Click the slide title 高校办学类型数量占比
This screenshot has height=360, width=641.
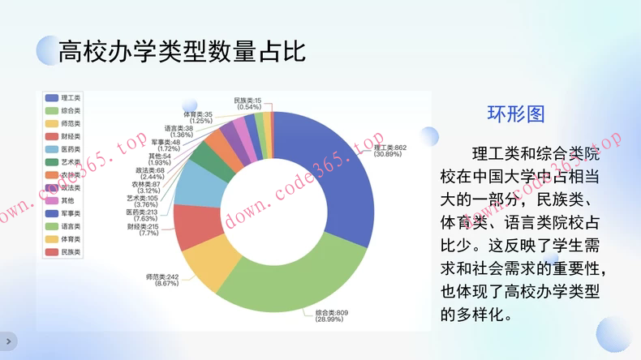(183, 52)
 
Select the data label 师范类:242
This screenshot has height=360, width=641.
(162, 277)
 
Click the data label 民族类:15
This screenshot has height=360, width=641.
(247, 100)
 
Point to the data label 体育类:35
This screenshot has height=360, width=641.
(197, 114)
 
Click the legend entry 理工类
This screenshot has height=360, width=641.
(70, 97)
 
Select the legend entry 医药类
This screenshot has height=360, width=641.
(70, 149)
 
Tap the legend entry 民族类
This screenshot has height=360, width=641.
(70, 252)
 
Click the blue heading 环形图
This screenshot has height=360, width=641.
(515, 114)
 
